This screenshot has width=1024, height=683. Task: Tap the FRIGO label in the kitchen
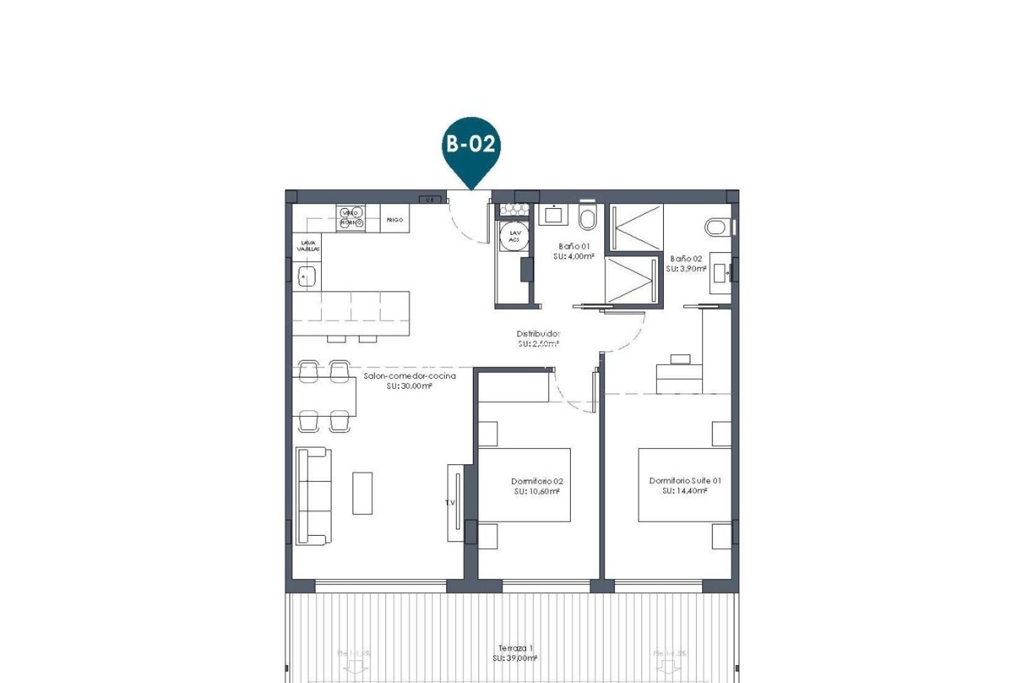pos(394,220)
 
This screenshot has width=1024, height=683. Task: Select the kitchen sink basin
pos(307,276)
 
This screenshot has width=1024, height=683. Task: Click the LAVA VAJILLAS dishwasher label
pos(308,245)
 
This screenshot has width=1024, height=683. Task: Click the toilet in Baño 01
pos(587,219)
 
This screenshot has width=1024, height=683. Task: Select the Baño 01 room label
pos(574,247)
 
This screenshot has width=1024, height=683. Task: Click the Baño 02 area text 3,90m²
pos(686,268)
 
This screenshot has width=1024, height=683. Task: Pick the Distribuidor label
pos(538,334)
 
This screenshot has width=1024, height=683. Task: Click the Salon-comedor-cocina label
pos(410,376)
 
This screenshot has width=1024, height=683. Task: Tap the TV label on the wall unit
pos(450,503)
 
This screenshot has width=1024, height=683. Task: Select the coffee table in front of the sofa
pos(362,493)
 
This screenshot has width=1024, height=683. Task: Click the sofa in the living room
pos(314,496)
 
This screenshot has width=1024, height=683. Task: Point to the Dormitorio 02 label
pos(537,481)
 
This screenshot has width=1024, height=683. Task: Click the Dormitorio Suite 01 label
pos(685,481)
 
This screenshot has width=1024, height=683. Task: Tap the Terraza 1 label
pos(515,648)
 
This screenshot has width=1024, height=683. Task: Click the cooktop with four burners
pos(351,218)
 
